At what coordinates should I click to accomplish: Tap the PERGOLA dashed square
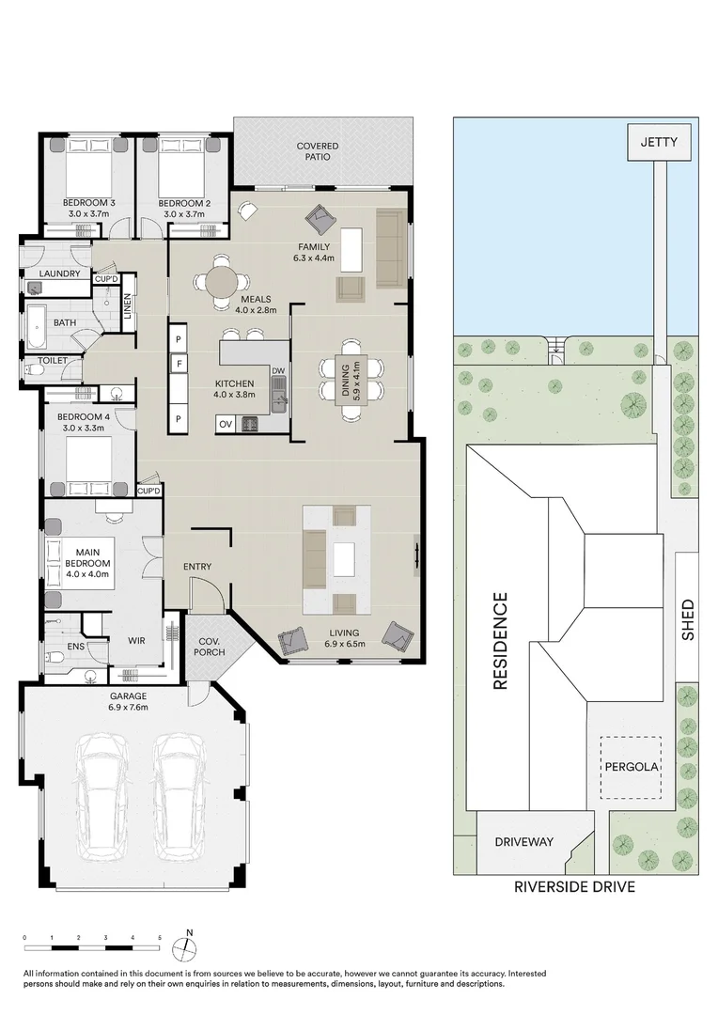(631, 766)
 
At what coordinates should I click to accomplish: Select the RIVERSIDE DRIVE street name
(574, 886)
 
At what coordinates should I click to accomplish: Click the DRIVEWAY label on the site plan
(524, 841)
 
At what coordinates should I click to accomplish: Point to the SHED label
(687, 620)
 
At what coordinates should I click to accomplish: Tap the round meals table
(223, 281)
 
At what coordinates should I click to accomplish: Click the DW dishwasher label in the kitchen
(277, 371)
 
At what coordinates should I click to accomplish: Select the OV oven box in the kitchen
(226, 424)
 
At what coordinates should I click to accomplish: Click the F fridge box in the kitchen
(178, 363)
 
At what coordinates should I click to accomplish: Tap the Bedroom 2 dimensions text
(182, 214)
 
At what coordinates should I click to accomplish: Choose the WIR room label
(136, 641)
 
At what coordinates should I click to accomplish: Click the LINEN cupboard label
(128, 305)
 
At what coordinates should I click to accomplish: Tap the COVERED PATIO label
(318, 151)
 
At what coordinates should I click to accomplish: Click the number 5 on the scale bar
(160, 938)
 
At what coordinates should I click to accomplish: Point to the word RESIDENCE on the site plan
(500, 641)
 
